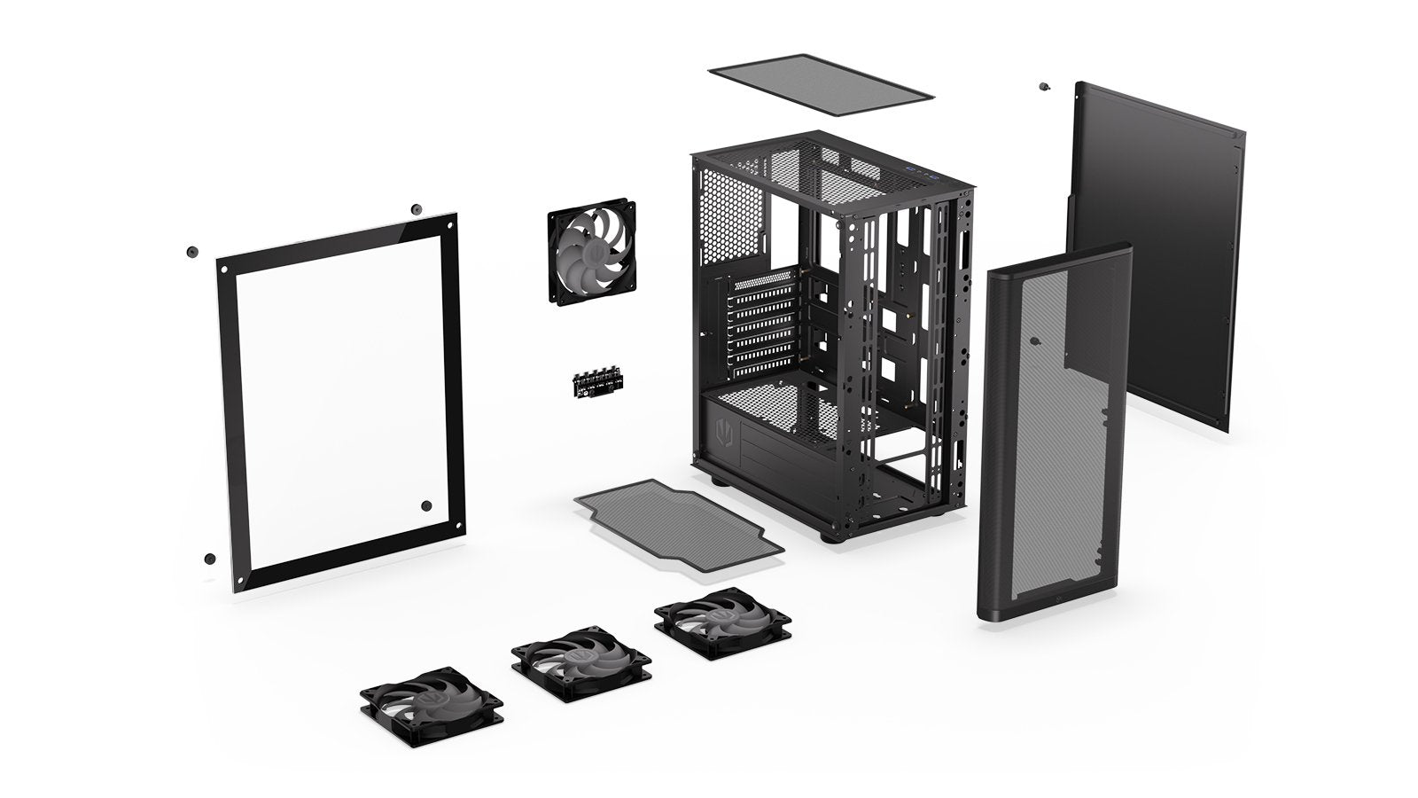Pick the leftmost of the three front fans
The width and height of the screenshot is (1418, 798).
(432, 694)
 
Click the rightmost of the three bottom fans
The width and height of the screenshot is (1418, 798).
(713, 618)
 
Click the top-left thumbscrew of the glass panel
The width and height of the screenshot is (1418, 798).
(190, 252)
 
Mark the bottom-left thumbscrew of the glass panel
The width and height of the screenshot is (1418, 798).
(209, 559)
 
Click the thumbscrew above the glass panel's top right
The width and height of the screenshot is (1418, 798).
(415, 210)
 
